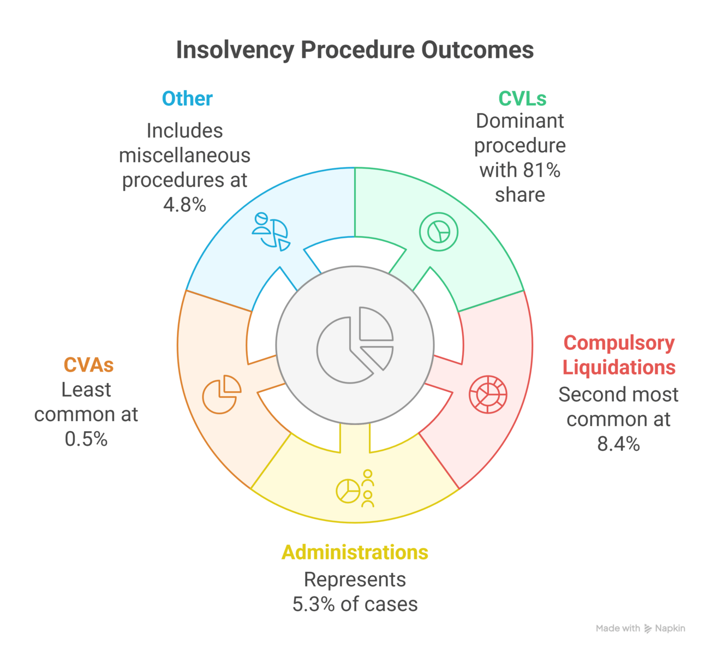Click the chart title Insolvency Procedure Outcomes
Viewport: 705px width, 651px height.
(355, 50)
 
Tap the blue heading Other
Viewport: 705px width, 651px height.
(187, 99)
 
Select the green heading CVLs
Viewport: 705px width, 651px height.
(522, 99)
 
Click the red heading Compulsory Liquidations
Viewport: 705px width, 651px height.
(619, 355)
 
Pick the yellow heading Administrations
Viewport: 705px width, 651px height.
(355, 552)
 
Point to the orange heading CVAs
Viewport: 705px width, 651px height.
(88, 365)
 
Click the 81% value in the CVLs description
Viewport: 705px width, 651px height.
(546, 170)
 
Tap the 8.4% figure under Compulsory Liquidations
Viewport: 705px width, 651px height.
(618, 444)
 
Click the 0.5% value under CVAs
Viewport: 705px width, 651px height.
(86, 439)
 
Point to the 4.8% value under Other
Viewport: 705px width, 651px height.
(184, 205)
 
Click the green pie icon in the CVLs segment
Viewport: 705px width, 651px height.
(438, 232)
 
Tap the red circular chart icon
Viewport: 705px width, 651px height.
(488, 394)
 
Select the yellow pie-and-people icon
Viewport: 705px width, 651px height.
(355, 489)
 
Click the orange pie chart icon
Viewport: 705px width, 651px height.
(222, 394)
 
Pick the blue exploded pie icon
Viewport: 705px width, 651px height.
(271, 231)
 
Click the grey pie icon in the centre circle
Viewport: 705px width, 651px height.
(355, 345)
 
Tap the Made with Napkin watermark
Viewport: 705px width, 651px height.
(640, 629)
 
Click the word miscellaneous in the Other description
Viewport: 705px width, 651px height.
(184, 156)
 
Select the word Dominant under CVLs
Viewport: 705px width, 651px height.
(519, 121)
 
